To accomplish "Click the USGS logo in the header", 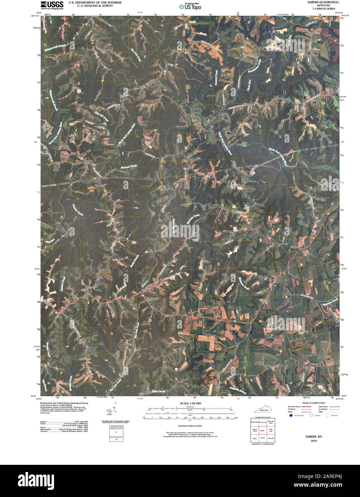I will pyautogui.click(x=52, y=5).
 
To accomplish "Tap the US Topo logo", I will pyautogui.click(x=190, y=6).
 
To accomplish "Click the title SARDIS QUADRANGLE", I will pyautogui.click(x=321, y=2).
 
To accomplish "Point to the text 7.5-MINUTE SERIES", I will pyautogui.click(x=321, y=9).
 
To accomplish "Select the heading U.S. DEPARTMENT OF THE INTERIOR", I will pyautogui.click(x=95, y=3).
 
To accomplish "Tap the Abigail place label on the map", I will pyautogui.click(x=88, y=162).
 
